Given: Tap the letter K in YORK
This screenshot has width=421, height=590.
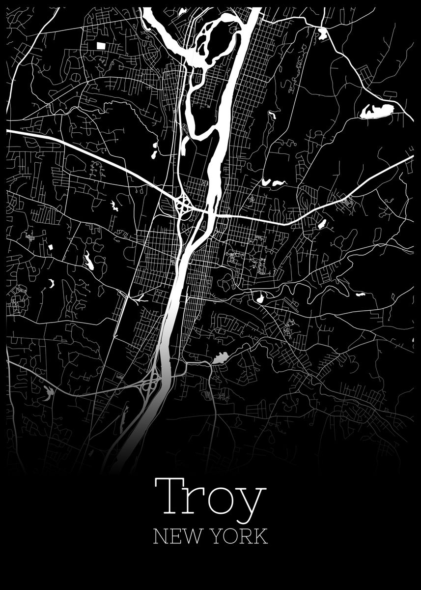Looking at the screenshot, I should tap(261, 536).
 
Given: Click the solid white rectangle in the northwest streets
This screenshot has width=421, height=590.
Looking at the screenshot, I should tap(101, 46).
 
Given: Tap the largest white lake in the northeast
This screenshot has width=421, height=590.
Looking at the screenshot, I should tap(377, 111).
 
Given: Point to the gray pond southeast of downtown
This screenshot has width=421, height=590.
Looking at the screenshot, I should tap(219, 358).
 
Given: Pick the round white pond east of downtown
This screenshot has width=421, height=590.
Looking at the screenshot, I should tap(259, 297).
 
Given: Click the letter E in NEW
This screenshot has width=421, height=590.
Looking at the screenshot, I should tap(173, 536).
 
